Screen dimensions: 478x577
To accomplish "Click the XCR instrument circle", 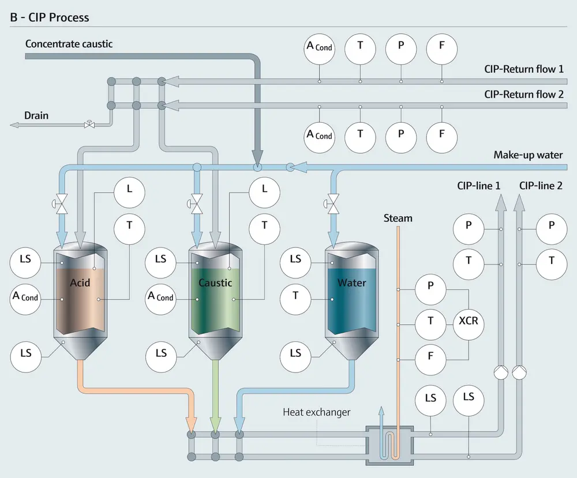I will click(x=468, y=321).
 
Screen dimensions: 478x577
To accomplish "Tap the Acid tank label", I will click(x=80, y=283).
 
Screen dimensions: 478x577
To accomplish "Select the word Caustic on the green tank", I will click(x=215, y=283).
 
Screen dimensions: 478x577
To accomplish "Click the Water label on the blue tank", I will click(x=351, y=283).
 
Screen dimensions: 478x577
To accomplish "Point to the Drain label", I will click(x=36, y=115).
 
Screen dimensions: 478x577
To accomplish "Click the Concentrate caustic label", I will click(x=69, y=43).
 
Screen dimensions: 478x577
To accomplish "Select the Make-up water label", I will click(x=528, y=155).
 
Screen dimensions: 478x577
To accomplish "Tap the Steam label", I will click(x=398, y=218).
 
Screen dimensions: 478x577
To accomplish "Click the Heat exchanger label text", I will click(x=317, y=412).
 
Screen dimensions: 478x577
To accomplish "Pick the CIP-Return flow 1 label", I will click(x=524, y=69).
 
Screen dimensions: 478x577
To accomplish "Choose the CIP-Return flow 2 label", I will click(x=524, y=94).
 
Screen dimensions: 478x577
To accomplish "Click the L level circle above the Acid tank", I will click(x=129, y=189).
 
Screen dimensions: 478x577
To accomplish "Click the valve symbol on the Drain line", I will click(x=89, y=125).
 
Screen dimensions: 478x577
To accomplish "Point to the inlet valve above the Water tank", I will click(x=333, y=203).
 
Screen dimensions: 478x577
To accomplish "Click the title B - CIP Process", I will click(x=50, y=17).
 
